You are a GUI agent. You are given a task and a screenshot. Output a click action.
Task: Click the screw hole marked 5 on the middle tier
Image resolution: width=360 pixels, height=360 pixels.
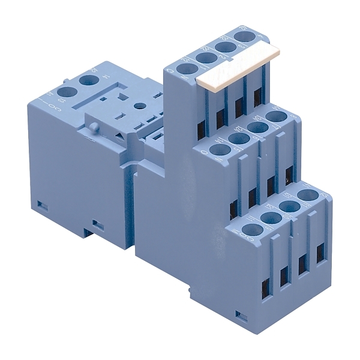click(218, 150)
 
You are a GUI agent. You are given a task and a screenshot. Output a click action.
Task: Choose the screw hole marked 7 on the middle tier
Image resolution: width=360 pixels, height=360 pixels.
click(257, 127)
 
